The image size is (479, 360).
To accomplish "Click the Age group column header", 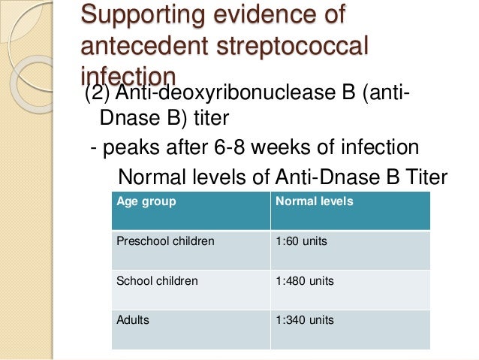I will (146, 202).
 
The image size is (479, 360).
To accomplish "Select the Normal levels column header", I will (314, 202).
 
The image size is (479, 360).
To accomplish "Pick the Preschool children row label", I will (165, 242).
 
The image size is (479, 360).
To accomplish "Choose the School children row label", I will (157, 281).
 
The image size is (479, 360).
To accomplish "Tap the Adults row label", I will (133, 320).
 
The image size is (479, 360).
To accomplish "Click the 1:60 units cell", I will (301, 242).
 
